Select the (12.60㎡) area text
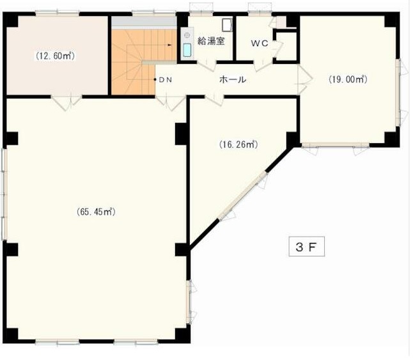[x=56, y=56]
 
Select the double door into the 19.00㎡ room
[x=306, y=80]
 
